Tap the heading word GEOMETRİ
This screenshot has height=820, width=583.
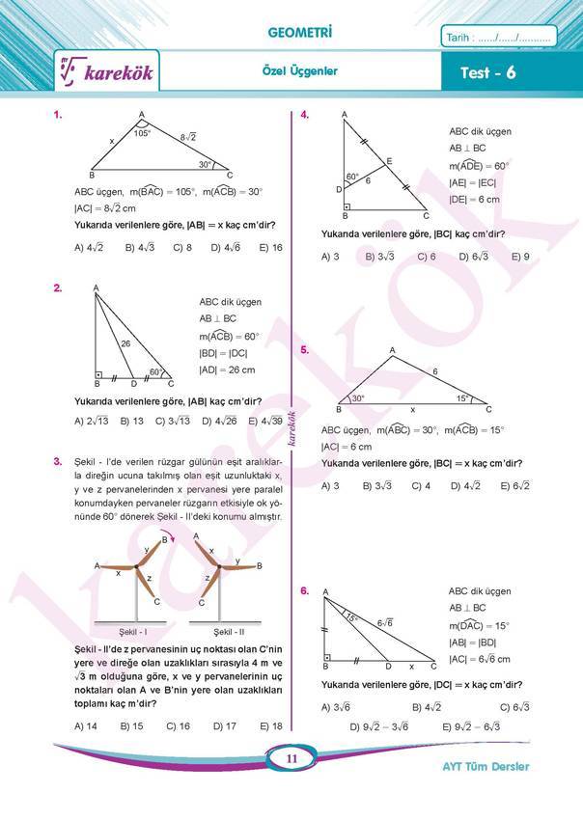coord(299,35)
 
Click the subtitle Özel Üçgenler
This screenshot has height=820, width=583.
coord(299,71)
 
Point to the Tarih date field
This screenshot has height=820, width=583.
coord(498,39)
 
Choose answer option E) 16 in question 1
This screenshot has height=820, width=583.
coord(270,248)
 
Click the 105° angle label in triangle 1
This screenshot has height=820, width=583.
coord(143,134)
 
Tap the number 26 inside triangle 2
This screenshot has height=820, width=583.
coord(125,343)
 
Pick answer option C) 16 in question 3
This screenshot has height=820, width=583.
coord(178,725)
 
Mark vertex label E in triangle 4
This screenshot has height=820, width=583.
coord(389,160)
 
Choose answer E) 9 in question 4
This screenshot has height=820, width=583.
coord(520,257)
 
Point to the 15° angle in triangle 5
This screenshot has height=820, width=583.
coord(463,398)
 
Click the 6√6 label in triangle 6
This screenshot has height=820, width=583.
coord(385,623)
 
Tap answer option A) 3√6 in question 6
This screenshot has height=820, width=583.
coord(337,707)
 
